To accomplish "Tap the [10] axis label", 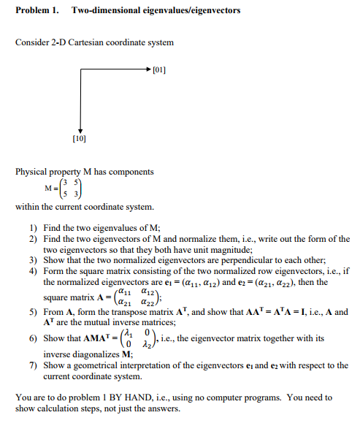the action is [80, 137].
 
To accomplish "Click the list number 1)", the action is [33, 228].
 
